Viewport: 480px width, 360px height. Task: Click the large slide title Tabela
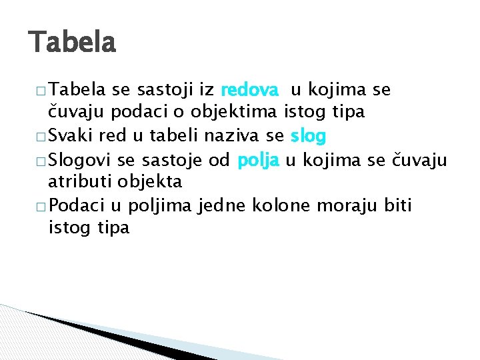(72, 43)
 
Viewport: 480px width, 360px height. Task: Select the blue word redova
(249, 90)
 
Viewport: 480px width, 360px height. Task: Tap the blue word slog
(308, 137)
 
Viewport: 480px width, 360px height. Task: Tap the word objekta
(151, 182)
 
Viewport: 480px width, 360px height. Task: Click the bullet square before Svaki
(37, 138)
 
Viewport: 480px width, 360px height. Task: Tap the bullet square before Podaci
(37, 207)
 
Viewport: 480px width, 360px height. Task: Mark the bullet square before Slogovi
(37, 161)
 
